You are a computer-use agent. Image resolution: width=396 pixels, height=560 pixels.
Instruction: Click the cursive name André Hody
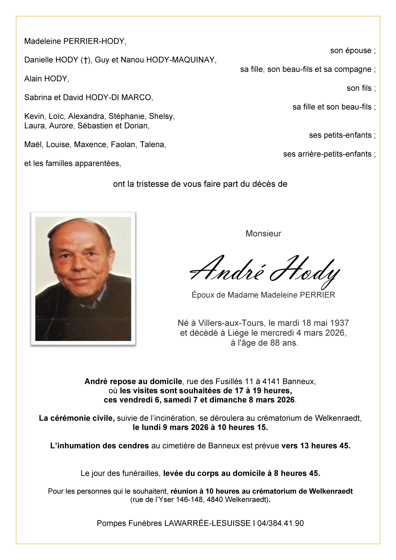pyautogui.click(x=264, y=272)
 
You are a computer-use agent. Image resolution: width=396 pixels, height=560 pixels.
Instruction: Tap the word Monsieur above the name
pyautogui.click(x=263, y=234)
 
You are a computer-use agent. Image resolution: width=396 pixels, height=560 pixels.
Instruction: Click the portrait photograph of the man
pyautogui.click(x=83, y=279)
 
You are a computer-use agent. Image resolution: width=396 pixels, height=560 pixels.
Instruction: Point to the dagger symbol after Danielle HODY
pyautogui.click(x=85, y=60)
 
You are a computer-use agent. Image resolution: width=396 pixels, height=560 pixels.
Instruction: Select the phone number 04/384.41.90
pyautogui.click(x=280, y=523)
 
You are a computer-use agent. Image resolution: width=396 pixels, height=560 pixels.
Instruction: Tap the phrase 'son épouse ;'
pyautogui.click(x=353, y=51)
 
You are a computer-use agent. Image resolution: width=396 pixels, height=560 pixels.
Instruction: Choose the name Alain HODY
pyautogui.click(x=47, y=79)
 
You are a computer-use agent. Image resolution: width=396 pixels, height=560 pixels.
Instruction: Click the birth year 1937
pyautogui.click(x=339, y=323)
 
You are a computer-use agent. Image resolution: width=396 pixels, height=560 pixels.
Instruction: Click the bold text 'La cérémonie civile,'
pyautogui.click(x=77, y=418)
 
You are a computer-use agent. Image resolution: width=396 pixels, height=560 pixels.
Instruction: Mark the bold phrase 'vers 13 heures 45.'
pyautogui.click(x=316, y=446)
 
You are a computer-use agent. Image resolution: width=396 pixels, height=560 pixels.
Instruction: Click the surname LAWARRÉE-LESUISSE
pyautogui.click(x=207, y=523)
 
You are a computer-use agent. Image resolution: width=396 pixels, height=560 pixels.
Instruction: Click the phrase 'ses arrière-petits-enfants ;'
pyautogui.click(x=329, y=154)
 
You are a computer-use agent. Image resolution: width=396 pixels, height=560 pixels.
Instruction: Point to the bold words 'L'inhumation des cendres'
pyautogui.click(x=99, y=446)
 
